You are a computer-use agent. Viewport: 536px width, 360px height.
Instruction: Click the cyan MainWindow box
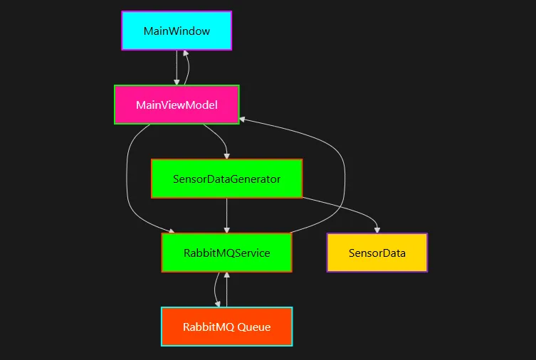tap(177, 31)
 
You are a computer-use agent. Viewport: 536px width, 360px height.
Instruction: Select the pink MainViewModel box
tap(177, 105)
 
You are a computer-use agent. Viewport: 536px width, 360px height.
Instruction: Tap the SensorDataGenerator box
tap(226, 179)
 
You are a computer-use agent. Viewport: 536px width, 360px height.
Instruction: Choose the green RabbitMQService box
tap(226, 253)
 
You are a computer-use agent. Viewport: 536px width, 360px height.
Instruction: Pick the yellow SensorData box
tap(377, 253)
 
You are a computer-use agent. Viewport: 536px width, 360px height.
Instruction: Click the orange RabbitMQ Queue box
tap(226, 327)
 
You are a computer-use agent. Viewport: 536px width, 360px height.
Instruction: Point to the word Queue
tap(254, 327)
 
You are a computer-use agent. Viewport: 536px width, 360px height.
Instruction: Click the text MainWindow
tap(177, 31)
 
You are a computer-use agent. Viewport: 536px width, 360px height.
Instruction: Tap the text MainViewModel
tap(177, 105)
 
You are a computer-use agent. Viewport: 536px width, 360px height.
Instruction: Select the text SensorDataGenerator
tap(226, 179)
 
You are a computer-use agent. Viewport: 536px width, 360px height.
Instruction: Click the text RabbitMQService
tap(226, 253)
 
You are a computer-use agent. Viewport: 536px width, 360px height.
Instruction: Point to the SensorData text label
tap(377, 253)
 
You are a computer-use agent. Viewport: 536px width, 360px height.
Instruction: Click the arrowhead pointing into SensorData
tap(377, 230)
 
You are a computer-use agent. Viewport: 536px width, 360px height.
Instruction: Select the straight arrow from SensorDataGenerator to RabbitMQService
tap(226, 213)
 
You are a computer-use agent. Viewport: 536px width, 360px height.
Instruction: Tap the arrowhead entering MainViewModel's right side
tap(243, 118)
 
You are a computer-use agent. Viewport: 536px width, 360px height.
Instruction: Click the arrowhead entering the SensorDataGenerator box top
tap(226, 156)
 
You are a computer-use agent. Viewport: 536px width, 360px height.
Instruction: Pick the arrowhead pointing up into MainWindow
tap(185, 53)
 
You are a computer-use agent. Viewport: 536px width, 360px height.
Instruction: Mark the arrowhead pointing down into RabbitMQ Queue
tap(217, 304)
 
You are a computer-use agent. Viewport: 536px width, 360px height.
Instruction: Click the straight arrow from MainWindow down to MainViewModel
tap(177, 67)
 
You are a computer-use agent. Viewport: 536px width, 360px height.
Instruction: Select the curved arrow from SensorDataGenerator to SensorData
tap(342, 206)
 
